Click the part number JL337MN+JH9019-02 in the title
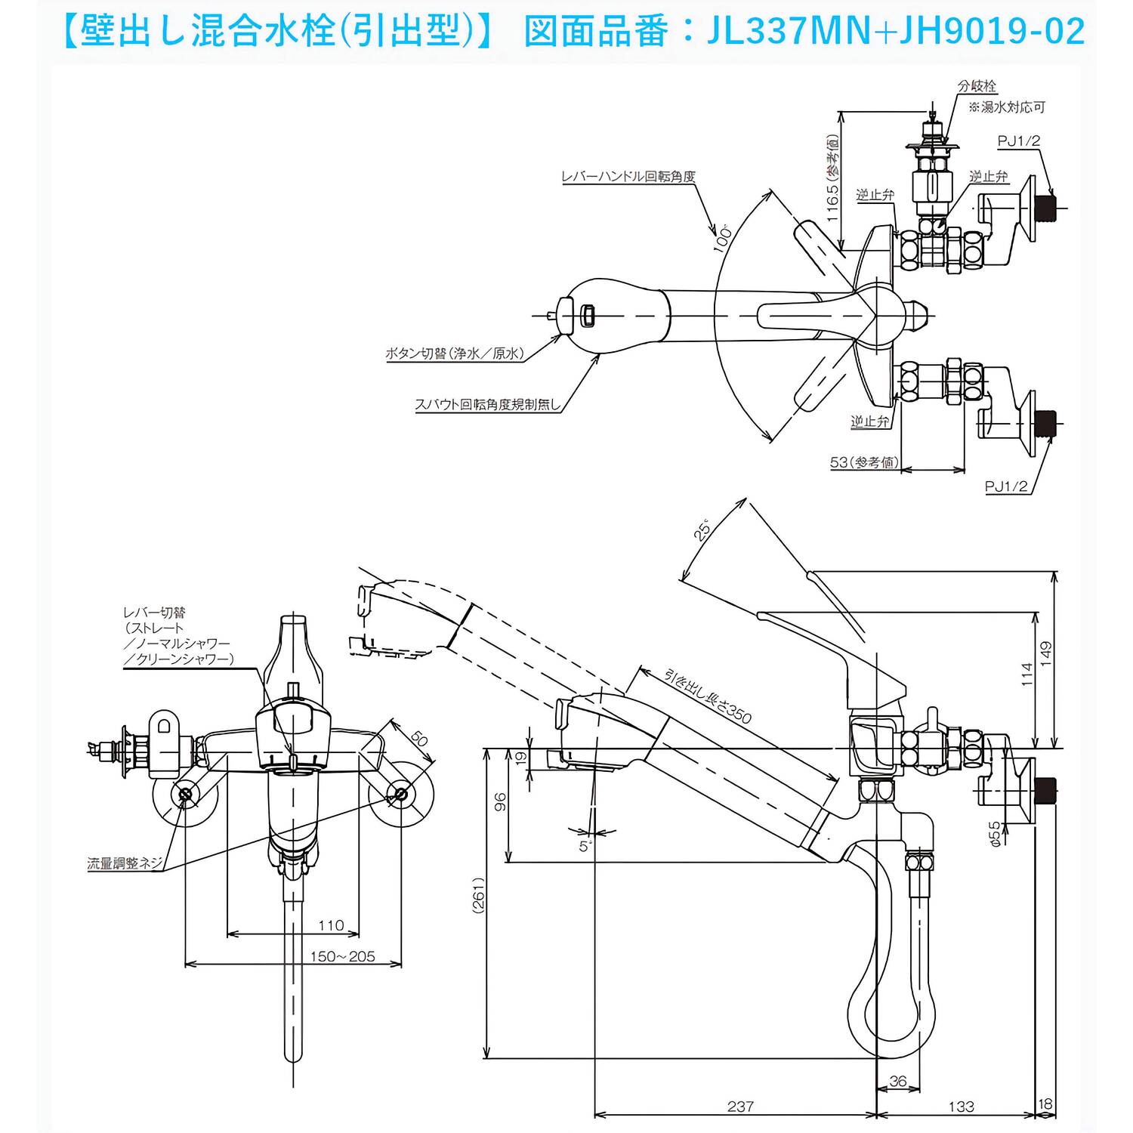coord(896,32)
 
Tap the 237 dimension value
coord(740,1106)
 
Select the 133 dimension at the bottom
coord(961,1106)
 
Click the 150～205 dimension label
coord(342,956)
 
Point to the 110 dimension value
coord(331,925)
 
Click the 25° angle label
coord(702,531)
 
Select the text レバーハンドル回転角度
coord(628,177)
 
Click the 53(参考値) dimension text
coord(865,462)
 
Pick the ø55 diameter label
coord(995,832)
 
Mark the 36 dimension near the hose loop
coord(897,1082)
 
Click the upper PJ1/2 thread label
coord(1019,140)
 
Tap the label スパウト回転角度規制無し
coord(488,404)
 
